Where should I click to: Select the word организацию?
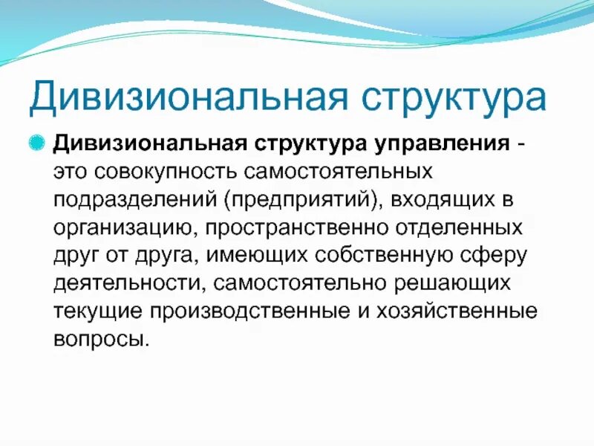coord(127,227)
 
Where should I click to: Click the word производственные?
coord(244,311)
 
